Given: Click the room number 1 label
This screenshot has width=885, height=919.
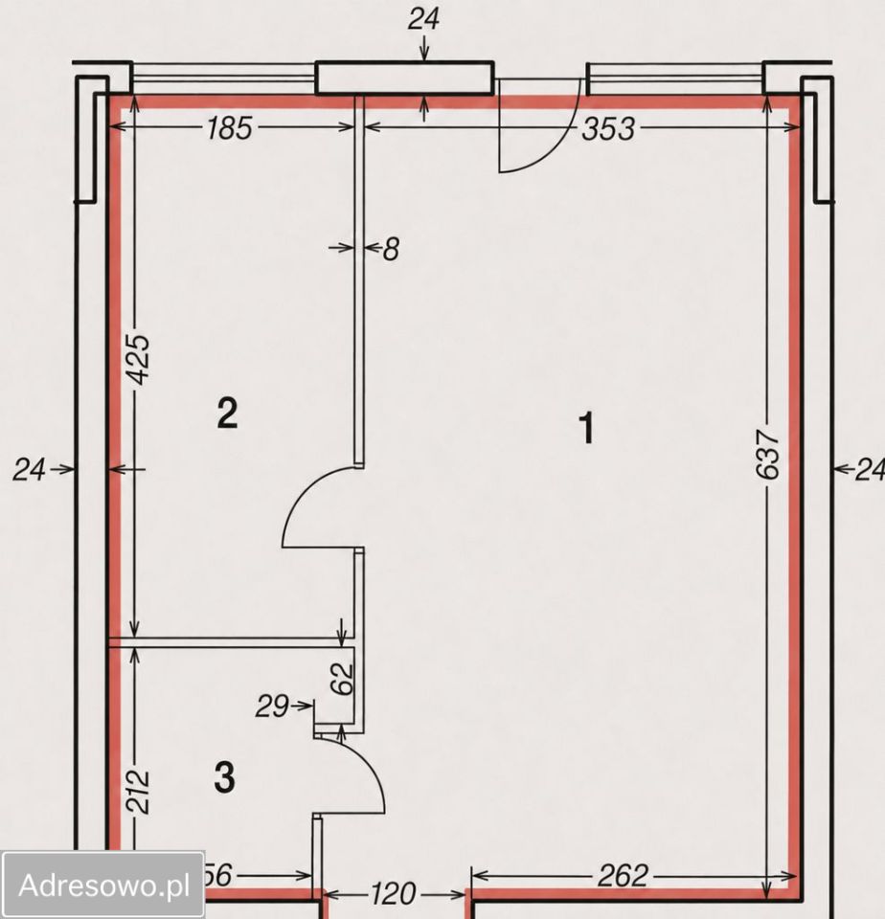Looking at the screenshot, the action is click(x=587, y=428).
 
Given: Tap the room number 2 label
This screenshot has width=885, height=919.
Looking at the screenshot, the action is click(x=227, y=413).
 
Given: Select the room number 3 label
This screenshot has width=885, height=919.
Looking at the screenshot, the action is click(x=225, y=777).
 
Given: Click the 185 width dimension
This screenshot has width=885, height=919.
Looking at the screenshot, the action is click(x=229, y=127).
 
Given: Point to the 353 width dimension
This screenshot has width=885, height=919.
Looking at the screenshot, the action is click(x=607, y=128).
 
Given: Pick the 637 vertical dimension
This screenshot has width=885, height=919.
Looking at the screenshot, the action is click(x=768, y=454).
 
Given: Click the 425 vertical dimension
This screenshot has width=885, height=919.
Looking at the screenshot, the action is click(x=140, y=360).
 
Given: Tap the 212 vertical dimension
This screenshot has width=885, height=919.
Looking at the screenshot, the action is click(x=139, y=793).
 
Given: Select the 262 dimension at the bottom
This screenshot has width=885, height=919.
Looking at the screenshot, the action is click(x=623, y=876).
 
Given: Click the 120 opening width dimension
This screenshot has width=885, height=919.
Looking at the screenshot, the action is click(x=394, y=894).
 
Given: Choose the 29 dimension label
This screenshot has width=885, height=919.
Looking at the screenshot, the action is click(x=272, y=706).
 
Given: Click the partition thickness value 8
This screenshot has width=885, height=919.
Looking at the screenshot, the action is click(x=391, y=249).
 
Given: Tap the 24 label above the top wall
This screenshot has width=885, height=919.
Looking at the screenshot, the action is click(x=423, y=19).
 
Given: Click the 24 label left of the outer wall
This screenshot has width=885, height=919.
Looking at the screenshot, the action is click(x=29, y=469).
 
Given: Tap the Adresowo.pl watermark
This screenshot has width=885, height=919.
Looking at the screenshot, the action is click(x=103, y=885).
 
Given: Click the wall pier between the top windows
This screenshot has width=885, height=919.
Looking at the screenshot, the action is click(x=405, y=78).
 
